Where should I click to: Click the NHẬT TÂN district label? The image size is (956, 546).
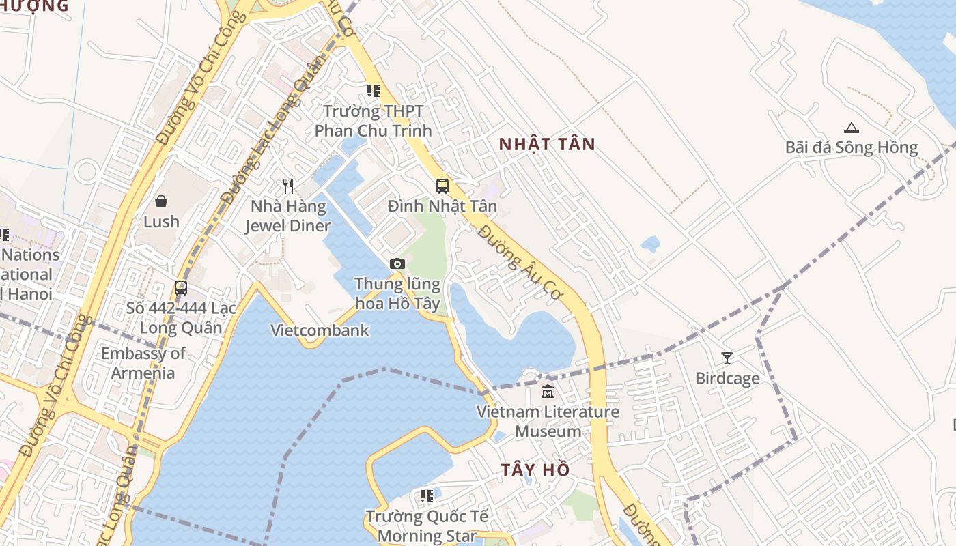coord(546,144)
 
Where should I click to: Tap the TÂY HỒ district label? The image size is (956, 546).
coord(535,470)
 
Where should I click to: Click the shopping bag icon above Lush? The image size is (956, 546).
coord(161,201)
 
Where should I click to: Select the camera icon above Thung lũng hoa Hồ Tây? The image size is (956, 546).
coord(397,263)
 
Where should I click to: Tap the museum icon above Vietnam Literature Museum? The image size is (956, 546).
coord(548,392)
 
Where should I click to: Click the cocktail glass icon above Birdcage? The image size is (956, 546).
coord(727,358)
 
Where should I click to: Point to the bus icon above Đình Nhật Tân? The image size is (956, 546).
coord(442,186)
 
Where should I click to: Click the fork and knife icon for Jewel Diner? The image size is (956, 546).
coord(288,186)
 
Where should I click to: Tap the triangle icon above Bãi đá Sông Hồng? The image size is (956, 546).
coord(851,128)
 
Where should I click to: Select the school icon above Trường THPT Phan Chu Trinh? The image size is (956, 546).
coord(373,91)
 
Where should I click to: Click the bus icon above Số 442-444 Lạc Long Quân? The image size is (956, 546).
coord(181,288)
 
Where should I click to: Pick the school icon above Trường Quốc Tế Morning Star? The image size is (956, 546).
coord(427,496)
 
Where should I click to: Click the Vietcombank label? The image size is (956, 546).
coord(320,330)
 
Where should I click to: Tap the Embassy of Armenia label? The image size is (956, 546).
coord(143,363)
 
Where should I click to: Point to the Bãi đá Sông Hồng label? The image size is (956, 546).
coord(851,147)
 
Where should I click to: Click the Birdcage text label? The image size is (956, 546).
coord(727,378)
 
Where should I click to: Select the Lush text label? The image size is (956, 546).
coord(161,222)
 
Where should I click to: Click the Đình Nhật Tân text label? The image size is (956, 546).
coord(442,206)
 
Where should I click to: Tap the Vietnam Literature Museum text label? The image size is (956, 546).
coord(548,421)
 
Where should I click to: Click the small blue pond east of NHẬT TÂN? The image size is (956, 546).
coord(651,244)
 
